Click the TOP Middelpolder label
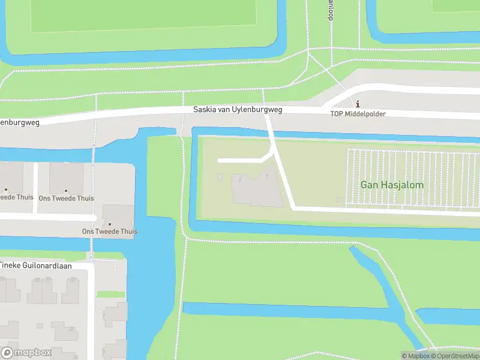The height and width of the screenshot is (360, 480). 358,113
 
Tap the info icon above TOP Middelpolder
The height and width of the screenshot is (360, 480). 358,103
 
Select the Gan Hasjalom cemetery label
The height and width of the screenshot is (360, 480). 392,185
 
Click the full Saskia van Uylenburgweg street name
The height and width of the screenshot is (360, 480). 238,110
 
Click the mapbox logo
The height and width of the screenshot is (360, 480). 26,353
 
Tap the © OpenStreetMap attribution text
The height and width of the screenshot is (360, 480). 455,356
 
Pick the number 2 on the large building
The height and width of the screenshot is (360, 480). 240,179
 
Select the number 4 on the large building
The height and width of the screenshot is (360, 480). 266,175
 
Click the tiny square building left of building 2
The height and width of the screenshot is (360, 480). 220,177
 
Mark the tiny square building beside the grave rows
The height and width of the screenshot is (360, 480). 339,199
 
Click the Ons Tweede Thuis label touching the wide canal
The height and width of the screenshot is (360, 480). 110,232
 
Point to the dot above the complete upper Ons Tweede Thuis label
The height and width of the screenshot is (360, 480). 67,190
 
